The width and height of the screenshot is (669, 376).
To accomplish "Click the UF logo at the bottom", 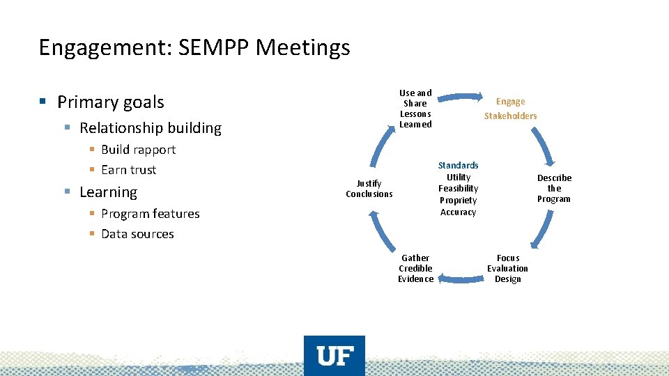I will click(x=334, y=356).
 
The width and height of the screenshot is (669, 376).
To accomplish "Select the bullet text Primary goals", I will click(x=111, y=102).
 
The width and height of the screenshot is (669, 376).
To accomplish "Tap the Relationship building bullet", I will click(x=151, y=128).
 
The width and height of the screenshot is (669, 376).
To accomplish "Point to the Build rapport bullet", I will click(x=138, y=150).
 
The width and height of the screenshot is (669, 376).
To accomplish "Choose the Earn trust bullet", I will click(x=128, y=170).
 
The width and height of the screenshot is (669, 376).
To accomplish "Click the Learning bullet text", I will click(x=109, y=192).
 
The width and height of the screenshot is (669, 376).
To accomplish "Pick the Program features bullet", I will click(x=150, y=214).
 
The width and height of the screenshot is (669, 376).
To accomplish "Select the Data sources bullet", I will click(x=137, y=234).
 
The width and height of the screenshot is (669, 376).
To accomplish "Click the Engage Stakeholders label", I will click(x=511, y=109).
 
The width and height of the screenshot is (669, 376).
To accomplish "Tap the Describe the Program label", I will click(x=554, y=188).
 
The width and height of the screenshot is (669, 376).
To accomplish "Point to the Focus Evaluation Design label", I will click(x=508, y=268).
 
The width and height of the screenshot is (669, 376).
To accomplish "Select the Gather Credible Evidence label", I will click(x=415, y=268).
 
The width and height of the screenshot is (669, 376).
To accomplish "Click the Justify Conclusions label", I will click(x=369, y=188).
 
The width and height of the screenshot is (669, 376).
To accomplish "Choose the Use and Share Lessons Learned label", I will click(x=415, y=108).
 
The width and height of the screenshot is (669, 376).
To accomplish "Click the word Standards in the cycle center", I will click(x=458, y=166).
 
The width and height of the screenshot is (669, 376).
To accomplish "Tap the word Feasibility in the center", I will click(x=458, y=189).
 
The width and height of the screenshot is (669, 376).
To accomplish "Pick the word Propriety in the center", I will click(x=458, y=201).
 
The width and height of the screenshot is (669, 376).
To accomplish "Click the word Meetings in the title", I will click(x=303, y=47).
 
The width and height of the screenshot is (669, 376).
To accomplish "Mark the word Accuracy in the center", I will click(x=458, y=212).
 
